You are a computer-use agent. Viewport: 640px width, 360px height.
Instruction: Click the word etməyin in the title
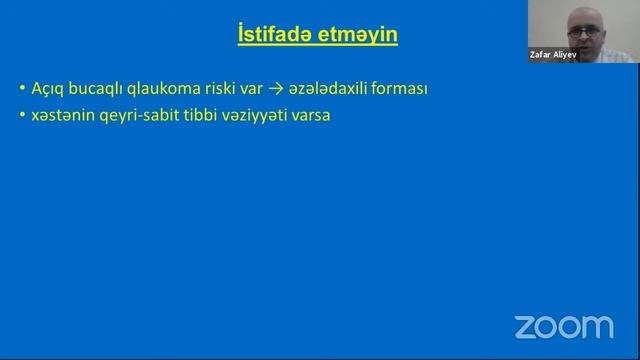tap(357, 36)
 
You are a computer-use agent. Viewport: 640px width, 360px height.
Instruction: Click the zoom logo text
tap(563, 326)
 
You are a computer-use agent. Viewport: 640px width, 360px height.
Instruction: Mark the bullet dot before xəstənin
tap(22, 116)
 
